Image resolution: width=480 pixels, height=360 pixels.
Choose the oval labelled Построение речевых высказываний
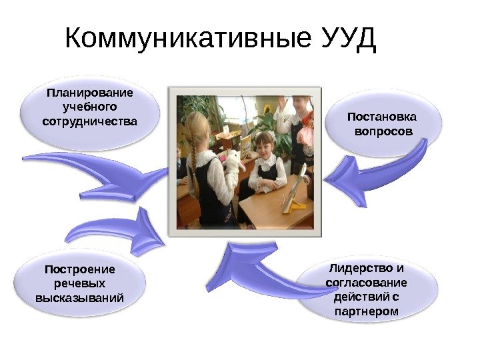pos(79,284)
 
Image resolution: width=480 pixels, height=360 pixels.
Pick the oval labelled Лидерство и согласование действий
pos(367,290)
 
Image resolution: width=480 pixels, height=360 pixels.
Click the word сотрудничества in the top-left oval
pos(89,122)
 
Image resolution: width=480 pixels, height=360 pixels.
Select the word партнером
pos(367,311)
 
